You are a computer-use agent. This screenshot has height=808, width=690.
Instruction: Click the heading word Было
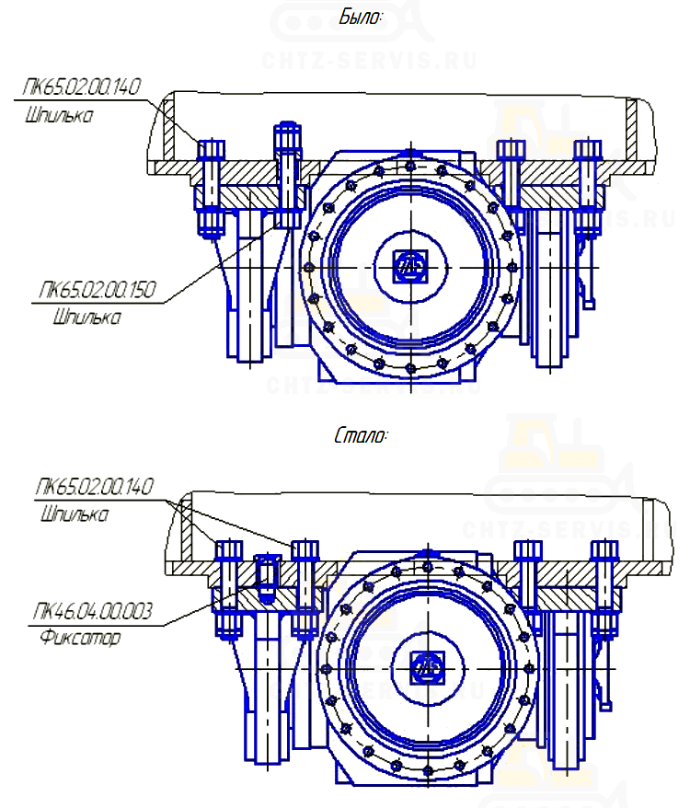[361, 17]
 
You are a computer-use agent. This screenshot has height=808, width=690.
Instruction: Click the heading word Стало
[361, 435]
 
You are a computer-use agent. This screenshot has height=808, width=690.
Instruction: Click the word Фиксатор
[80, 637]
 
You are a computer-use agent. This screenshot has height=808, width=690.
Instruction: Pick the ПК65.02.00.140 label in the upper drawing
[81, 88]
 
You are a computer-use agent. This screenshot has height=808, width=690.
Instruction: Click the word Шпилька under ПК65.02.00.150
[87, 318]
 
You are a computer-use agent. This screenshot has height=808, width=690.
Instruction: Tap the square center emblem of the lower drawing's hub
[426, 668]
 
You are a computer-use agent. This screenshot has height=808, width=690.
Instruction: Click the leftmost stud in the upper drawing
[212, 189]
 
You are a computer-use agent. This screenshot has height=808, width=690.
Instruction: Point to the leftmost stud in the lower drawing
[227, 589]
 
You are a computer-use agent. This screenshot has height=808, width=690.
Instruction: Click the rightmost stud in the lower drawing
[604, 589]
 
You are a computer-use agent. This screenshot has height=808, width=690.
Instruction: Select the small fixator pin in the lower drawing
[265, 577]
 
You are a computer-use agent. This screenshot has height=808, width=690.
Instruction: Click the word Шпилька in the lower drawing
[75, 514]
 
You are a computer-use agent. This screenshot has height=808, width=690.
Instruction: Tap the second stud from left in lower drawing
[305, 589]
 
